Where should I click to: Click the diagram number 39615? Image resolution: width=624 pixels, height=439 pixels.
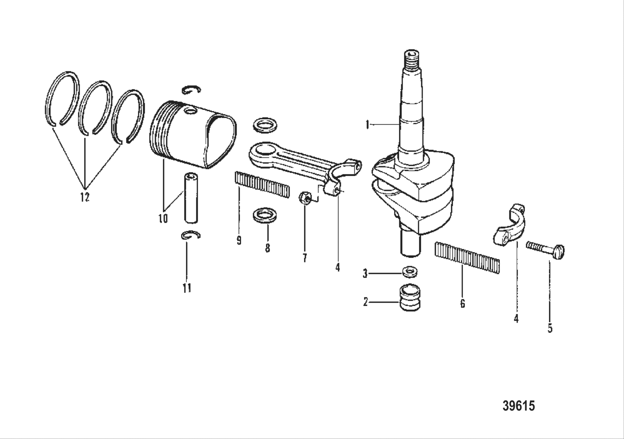518,406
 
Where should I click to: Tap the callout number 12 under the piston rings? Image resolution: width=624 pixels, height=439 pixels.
85,197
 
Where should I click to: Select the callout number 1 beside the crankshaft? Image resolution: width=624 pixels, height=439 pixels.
367,125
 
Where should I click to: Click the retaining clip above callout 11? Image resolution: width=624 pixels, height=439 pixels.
191,235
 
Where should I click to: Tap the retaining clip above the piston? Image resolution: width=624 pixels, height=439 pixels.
192,90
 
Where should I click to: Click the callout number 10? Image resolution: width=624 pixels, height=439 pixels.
162,218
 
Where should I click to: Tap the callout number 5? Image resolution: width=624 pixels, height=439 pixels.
550,328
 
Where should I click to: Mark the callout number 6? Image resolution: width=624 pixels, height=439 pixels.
462,303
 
